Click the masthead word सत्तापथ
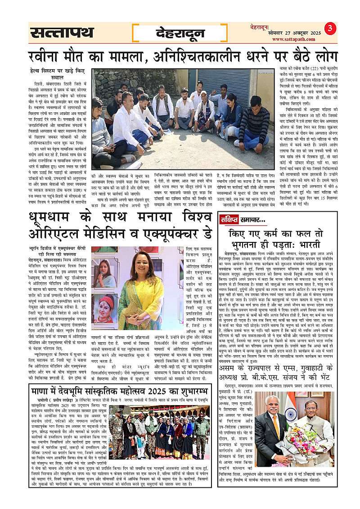pos(62,32)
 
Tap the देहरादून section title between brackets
pos(180,32)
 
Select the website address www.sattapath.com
pos(302,40)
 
